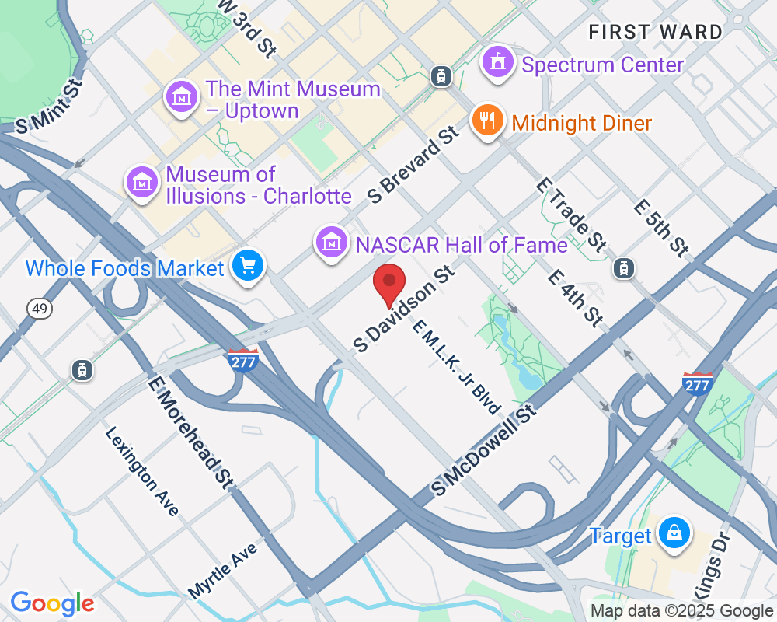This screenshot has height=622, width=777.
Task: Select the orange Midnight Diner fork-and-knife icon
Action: pyautogui.click(x=487, y=121)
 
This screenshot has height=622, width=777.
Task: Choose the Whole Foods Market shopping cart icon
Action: pyautogui.click(x=248, y=267)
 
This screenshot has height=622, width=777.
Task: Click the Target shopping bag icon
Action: pyautogui.click(x=674, y=533)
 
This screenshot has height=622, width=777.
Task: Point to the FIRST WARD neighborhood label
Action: pyautogui.click(x=655, y=33)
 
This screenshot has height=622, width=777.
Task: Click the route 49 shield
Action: pyautogui.click(x=39, y=309)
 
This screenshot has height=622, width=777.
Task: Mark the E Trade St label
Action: pyautogui.click(x=571, y=215)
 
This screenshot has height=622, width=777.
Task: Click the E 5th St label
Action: pyautogui.click(x=660, y=229)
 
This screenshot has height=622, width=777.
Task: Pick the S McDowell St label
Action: pyautogui.click(x=485, y=450)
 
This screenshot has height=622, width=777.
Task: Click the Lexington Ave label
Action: pyautogui.click(x=142, y=471)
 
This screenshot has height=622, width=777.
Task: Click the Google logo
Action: pyautogui.click(x=52, y=603)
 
